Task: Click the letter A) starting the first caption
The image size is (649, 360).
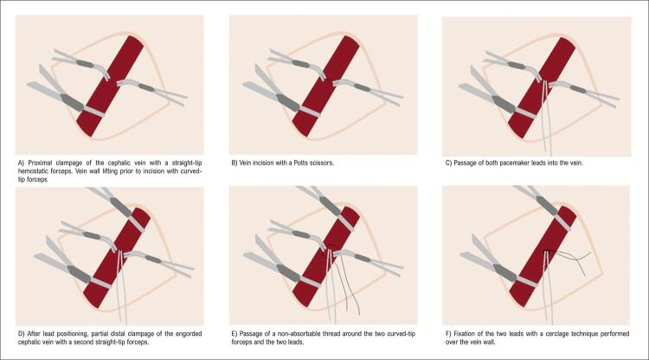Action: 22,163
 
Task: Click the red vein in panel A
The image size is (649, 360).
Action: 110,86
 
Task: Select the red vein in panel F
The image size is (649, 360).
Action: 543,256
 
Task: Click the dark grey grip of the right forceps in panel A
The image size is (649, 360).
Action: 146,87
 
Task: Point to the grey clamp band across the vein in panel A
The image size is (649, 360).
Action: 93,112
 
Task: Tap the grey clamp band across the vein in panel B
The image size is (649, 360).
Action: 309,112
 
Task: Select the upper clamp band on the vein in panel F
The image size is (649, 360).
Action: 562,223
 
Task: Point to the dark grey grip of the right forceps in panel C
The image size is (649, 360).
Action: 578,90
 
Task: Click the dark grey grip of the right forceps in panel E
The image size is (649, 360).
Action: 363,258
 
